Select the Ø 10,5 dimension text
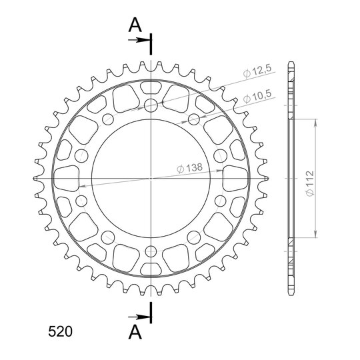tap(257, 96)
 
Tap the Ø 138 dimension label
tap(189, 168)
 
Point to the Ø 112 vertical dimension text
tap(310, 183)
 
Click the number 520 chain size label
tap(60, 331)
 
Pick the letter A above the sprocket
tap(135, 25)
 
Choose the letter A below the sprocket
tap(135, 332)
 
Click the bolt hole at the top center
tap(151, 105)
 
